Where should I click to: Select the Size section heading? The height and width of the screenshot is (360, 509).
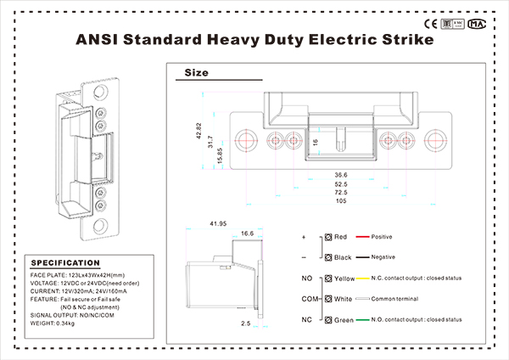pos(196,73)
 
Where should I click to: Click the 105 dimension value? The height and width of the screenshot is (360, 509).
pos(341,201)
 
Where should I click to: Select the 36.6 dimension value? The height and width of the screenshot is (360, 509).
pos(341,175)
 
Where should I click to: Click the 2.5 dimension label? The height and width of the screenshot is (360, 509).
pos(244,323)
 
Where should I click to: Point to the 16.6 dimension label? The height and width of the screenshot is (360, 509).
pos(248,233)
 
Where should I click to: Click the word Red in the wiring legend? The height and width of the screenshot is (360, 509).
pos(341,237)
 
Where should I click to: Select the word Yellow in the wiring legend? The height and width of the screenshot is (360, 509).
pos(344,278)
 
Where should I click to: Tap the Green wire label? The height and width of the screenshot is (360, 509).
pos(344,319)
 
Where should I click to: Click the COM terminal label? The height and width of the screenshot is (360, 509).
pos(310,299)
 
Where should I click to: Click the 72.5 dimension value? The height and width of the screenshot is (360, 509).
pos(341,193)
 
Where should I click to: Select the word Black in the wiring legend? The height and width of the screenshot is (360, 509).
pos(343,256)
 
